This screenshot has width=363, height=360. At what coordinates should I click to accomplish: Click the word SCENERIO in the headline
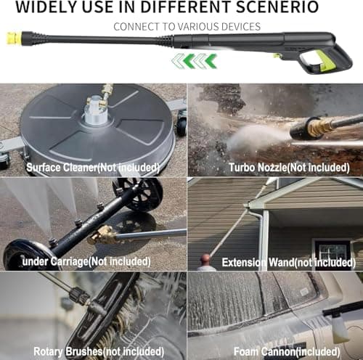coord(274,8)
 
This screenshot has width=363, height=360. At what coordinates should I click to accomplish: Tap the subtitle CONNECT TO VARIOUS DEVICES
coord(187,27)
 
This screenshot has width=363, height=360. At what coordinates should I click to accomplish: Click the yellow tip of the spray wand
coord(13,35)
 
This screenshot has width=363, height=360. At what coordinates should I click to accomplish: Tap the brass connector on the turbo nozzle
coord(319,128)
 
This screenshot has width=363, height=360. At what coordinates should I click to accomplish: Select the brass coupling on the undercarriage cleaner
coord(104,234)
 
